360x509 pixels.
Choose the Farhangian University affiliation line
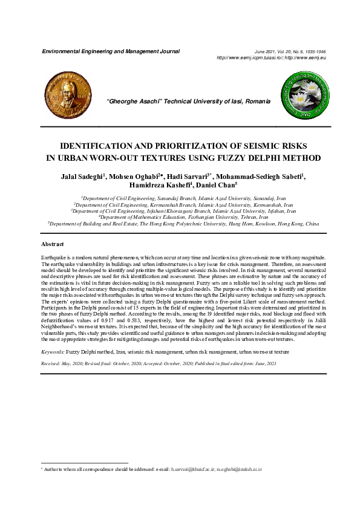click(184, 217)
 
